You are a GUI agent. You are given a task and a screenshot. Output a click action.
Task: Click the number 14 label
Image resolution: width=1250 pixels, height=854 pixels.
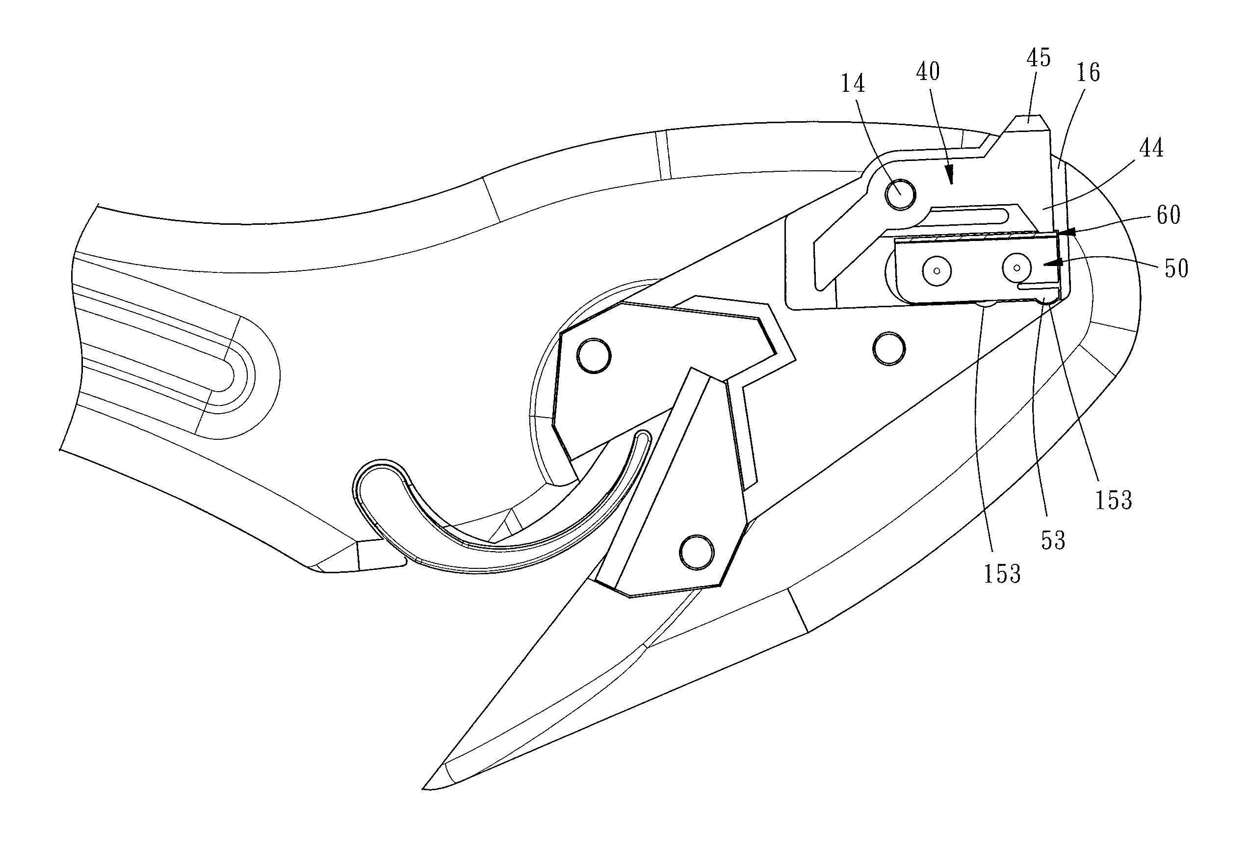pyautogui.click(x=853, y=83)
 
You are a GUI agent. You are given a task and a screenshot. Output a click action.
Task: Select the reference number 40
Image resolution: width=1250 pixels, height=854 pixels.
pyautogui.click(x=928, y=72)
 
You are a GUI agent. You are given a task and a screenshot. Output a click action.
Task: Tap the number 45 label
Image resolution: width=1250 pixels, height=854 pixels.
pyautogui.click(x=1038, y=58)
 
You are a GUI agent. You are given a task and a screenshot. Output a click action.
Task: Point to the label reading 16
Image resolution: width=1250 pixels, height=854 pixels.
pyautogui.click(x=1088, y=73)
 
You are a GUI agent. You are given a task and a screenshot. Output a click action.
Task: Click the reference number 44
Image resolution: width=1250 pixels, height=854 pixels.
pyautogui.click(x=1151, y=148)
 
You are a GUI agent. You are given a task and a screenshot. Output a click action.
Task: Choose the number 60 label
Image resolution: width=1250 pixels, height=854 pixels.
pyautogui.click(x=1168, y=215)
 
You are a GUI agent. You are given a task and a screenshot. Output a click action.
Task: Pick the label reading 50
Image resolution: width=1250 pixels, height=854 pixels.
pyautogui.click(x=1176, y=268)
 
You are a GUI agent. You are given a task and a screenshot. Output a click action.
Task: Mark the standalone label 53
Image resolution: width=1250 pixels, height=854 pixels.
pyautogui.click(x=1053, y=541)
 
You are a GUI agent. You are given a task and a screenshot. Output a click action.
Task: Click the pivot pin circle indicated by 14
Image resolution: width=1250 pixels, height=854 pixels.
pyautogui.click(x=900, y=195)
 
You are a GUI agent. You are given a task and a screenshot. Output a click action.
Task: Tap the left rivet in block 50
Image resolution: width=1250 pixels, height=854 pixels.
pyautogui.click(x=937, y=270)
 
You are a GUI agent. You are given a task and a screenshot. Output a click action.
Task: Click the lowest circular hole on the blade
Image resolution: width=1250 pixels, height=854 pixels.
pyautogui.click(x=697, y=553)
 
